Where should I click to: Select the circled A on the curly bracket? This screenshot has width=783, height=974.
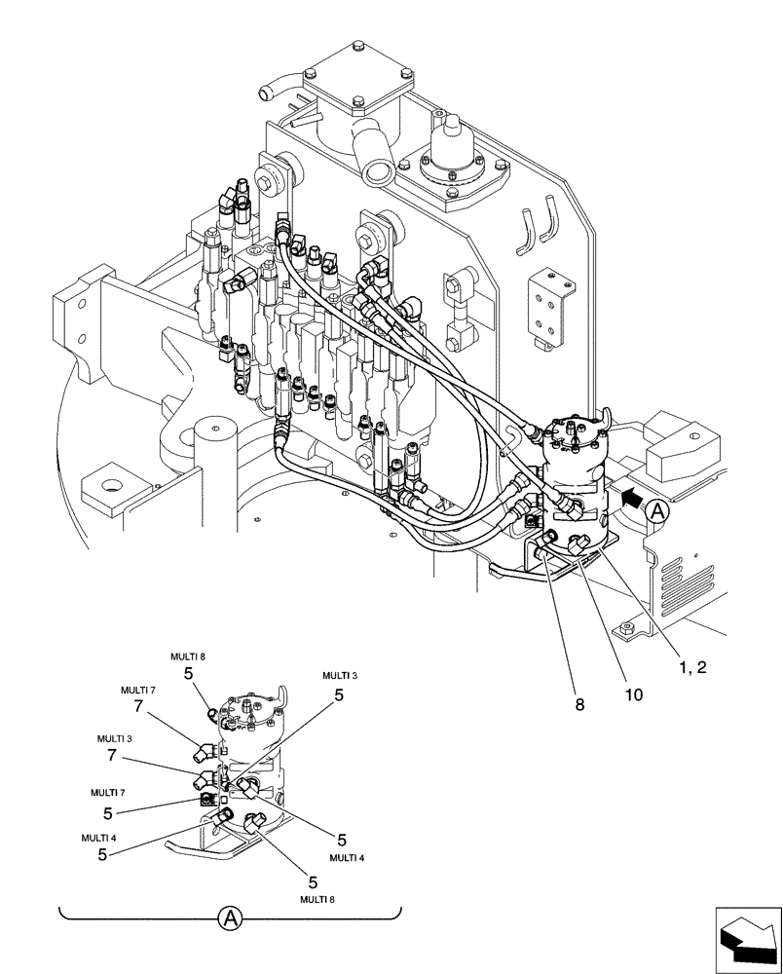(x=231, y=917)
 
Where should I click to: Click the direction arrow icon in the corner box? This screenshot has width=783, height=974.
(x=749, y=941)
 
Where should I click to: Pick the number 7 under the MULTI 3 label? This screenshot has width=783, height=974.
(x=113, y=756)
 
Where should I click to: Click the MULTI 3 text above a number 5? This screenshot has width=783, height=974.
(x=340, y=676)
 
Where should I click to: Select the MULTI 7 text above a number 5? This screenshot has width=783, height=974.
(x=108, y=793)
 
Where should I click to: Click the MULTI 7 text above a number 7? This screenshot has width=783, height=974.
(x=138, y=690)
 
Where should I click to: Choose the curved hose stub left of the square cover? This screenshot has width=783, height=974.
(x=279, y=91)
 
